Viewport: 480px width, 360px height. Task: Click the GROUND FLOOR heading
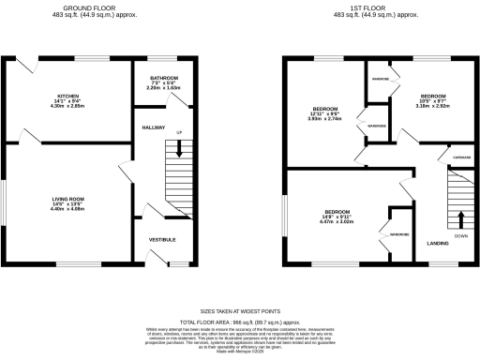click(x=102, y=9)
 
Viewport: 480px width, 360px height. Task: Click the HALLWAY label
click(x=154, y=127)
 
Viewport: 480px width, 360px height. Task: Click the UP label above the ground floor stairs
click(x=179, y=132)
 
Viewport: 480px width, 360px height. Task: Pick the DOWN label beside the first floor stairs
click(x=460, y=236)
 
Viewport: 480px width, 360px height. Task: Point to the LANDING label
click(x=437, y=244)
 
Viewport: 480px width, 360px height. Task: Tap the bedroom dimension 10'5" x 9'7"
click(x=433, y=101)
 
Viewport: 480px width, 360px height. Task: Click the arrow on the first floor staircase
click(x=460, y=220)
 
